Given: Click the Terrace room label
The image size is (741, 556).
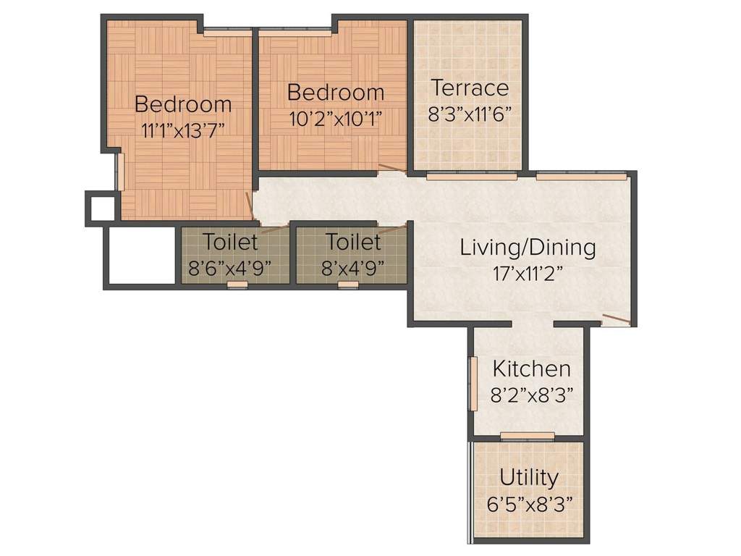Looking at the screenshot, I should click(470, 88).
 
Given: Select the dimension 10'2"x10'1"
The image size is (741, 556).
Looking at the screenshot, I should click(336, 117).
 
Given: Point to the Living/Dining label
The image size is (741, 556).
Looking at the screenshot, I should click(528, 248).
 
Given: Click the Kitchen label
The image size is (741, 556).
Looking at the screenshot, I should click(531, 368).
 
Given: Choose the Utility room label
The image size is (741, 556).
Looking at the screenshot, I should click(529, 478).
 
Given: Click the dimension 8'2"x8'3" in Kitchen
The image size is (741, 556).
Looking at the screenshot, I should click(531, 395).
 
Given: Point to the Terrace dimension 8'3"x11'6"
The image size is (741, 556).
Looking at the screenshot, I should click(470, 114).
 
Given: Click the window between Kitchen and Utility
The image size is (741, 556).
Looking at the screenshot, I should click(528, 436).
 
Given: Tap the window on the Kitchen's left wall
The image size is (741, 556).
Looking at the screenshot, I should click(473, 384).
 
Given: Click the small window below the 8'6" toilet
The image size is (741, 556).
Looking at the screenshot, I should click(237, 285).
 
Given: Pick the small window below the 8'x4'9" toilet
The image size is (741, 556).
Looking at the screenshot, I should click(348, 285).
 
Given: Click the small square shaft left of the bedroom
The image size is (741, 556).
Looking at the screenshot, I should click(101, 208).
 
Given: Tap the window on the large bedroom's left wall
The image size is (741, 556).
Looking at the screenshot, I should click(120, 172).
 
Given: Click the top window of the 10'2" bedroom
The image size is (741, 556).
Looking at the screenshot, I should click(295, 31).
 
